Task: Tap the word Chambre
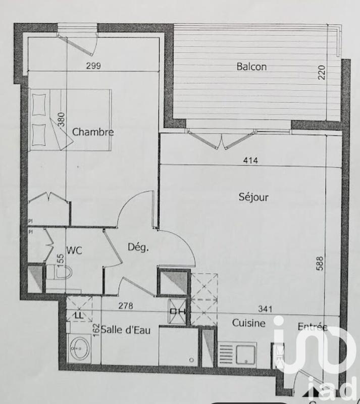point(93,132)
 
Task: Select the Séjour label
point(253,197)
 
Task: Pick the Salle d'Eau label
point(124,330)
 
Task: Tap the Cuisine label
point(248,323)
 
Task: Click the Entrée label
point(312,327)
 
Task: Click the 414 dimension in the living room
point(250,161)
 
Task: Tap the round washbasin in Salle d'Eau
point(78,348)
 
